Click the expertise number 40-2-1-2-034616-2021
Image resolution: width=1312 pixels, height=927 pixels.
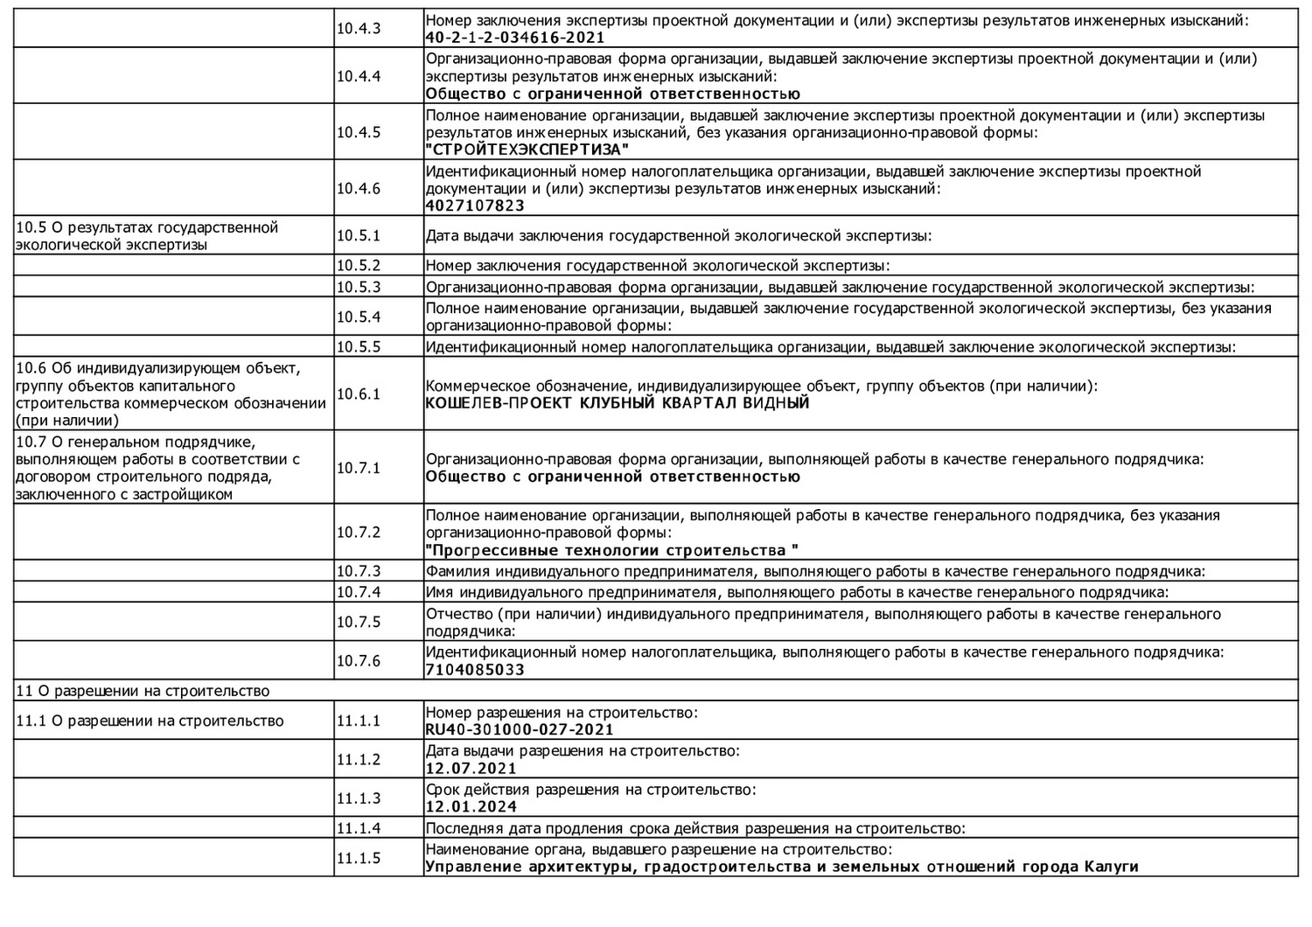pyautogui.click(x=514, y=38)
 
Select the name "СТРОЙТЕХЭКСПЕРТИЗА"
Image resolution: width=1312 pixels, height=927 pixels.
pyautogui.click(x=527, y=150)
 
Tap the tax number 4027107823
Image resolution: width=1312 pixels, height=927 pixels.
pyautogui.click(x=475, y=206)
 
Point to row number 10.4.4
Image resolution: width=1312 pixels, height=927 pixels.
pyautogui.click(x=359, y=76)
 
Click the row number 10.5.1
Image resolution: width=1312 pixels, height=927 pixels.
pyautogui.click(x=359, y=235)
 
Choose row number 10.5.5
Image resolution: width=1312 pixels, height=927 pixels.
pyautogui.click(x=359, y=347)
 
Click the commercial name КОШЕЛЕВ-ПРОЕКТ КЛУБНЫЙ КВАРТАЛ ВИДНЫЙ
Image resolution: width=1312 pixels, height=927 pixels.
pyautogui.click(x=617, y=403)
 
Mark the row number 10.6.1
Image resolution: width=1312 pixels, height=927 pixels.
pyautogui.click(x=359, y=394)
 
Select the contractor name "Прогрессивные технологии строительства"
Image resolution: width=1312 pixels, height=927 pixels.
pyautogui.click(x=611, y=551)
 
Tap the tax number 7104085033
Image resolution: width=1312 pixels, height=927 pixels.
pyautogui.click(x=475, y=670)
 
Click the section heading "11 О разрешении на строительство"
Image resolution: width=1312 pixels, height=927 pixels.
pyautogui.click(x=143, y=691)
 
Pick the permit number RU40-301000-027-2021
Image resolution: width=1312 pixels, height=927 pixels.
pyautogui.click(x=520, y=729)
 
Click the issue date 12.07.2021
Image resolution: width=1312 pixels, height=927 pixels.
pyautogui.click(x=471, y=769)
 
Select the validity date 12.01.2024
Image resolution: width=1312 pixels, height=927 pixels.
pyautogui.click(x=471, y=807)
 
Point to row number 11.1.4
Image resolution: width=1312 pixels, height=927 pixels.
pyautogui.click(x=359, y=828)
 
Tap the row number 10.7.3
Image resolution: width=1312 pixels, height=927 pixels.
pyautogui.click(x=359, y=572)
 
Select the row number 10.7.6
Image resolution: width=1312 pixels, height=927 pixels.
pyautogui.click(x=359, y=661)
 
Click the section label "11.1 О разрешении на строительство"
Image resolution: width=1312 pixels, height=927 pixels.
pyautogui.click(x=150, y=721)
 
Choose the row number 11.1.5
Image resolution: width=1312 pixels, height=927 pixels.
pyautogui.click(x=359, y=858)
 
